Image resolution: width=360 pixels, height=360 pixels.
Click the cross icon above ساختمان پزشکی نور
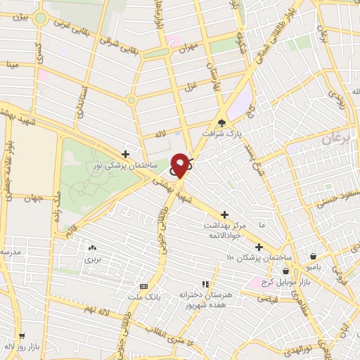[125, 153]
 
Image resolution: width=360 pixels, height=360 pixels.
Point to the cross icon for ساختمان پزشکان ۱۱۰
[259, 247]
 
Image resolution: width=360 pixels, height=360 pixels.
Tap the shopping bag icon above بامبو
[313, 256]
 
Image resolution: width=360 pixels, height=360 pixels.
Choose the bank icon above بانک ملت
[144, 286]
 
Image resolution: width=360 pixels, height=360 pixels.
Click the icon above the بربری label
[93, 247]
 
